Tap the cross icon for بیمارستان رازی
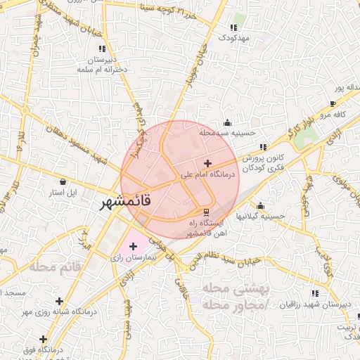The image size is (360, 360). point(133,246)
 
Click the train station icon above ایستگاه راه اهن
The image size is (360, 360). point(206,212)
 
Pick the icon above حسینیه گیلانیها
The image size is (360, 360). point(261,206)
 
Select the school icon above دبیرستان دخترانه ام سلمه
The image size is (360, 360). point(103,49)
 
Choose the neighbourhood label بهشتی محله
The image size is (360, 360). point(226,290)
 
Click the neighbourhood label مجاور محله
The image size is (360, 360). point(226,306)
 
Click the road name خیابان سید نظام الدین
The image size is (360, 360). point(219,263)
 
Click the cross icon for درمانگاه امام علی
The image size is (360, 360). point(207,163)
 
